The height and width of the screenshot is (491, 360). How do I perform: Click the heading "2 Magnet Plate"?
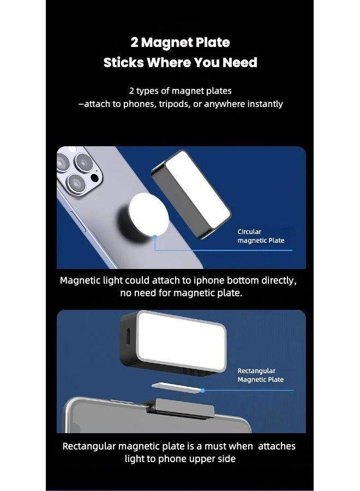[180, 43]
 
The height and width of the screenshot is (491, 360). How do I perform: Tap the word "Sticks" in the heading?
[123, 63]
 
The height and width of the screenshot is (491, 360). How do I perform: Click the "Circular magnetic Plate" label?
[261, 236]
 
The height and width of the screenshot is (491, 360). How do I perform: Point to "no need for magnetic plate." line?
[180, 294]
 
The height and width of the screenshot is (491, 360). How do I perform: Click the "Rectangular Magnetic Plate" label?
[260, 375]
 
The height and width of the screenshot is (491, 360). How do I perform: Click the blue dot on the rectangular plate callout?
[202, 391]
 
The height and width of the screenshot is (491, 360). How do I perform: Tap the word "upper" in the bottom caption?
[200, 459]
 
